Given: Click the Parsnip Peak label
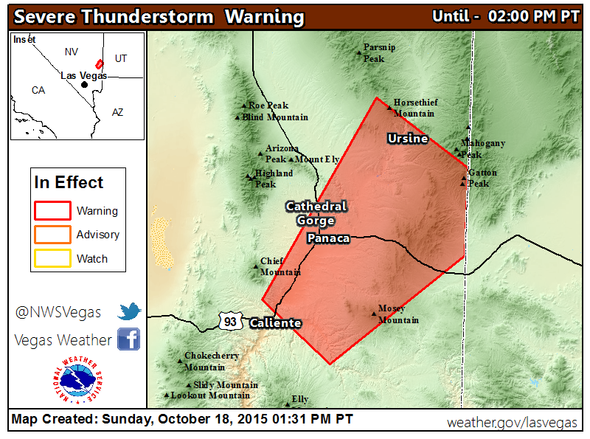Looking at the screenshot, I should coord(379,53).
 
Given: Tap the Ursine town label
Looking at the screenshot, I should coord(408,139).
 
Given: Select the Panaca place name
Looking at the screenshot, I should coord(328,238).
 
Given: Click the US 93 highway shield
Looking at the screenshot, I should coord(230,320).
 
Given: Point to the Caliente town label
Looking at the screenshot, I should coord(275,323).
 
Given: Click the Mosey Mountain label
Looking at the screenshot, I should coord(398,314).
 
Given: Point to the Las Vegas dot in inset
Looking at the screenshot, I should coord(84,84).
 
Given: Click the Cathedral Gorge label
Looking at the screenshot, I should coord(316,213).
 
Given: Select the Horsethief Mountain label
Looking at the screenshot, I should coord(413,108).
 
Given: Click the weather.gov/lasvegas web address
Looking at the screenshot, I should coord(513,422).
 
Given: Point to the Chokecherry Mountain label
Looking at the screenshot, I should coord(212,362).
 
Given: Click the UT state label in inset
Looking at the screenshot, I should coord(121,58).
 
